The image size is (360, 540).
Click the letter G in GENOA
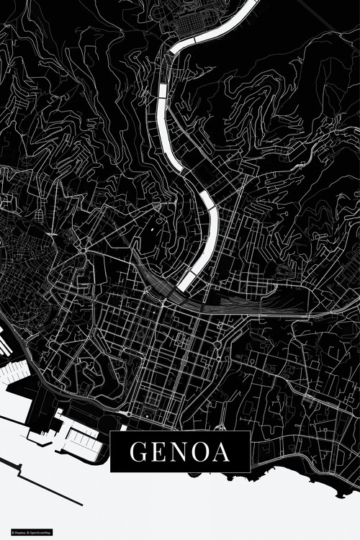pyautogui.click(x=137, y=452)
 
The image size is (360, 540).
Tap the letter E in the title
pyautogui.click(x=158, y=452)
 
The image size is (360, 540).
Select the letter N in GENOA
pyautogui.click(x=180, y=452)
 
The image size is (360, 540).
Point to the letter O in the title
pyautogui.click(x=202, y=452)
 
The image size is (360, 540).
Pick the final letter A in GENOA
pyautogui.click(x=222, y=452)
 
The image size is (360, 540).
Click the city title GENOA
pyautogui.click(x=180, y=452)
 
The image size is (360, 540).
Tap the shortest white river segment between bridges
pyautogui.click(x=162, y=91)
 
